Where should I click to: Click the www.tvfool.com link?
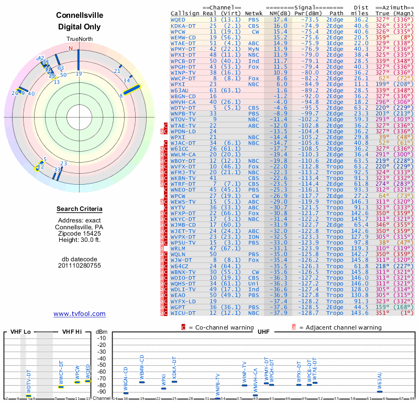(79, 314)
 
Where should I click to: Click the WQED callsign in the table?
(178, 19)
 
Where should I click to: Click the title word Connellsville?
(79, 15)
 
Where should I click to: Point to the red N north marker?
(71, 48)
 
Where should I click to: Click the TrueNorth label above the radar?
(79, 39)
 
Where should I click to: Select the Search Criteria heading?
(79, 209)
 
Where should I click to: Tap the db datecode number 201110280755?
(79, 266)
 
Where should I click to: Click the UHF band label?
(263, 332)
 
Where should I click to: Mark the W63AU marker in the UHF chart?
(380, 391)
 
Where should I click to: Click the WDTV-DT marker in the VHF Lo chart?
(29, 395)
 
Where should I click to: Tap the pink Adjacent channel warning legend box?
(294, 327)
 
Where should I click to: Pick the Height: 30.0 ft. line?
(79, 240)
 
